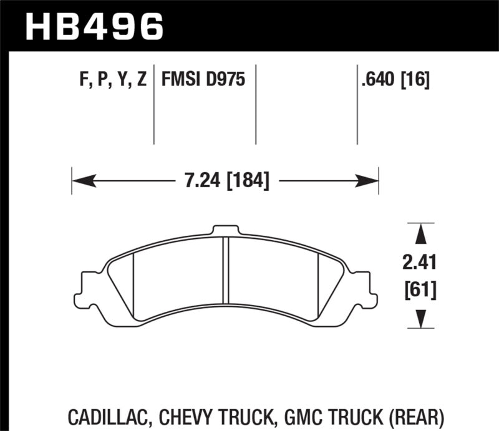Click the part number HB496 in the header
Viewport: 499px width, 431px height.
coord(94,26)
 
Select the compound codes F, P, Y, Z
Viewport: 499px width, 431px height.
coord(109,80)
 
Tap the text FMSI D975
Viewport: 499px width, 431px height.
coord(203,80)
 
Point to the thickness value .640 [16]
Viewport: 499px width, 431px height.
coord(395,80)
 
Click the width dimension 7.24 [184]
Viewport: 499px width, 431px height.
coord(226,182)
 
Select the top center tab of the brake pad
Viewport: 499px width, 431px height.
coord(225,231)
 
